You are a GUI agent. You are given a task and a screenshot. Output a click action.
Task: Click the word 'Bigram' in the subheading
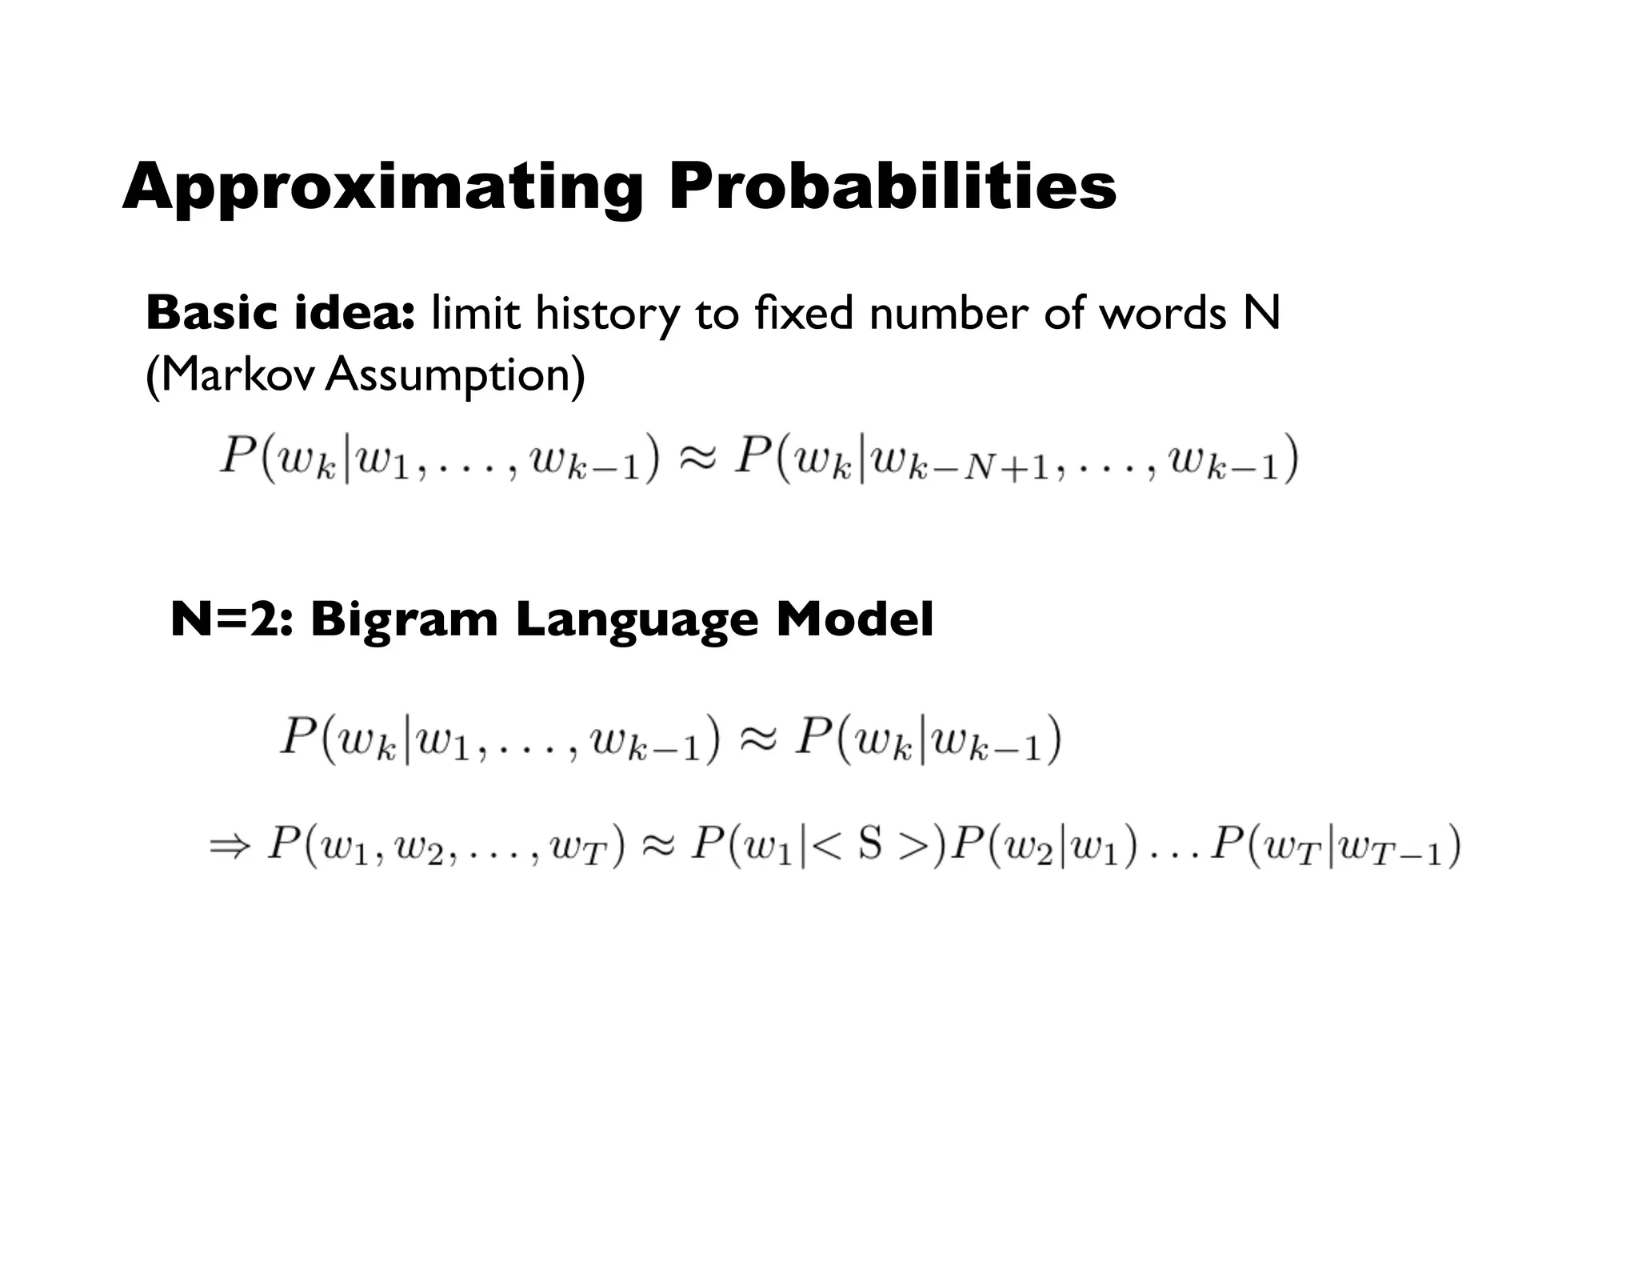(404, 620)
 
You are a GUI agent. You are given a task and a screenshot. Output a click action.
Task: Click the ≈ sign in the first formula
(696, 459)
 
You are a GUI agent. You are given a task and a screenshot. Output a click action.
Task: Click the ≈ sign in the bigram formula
(756, 737)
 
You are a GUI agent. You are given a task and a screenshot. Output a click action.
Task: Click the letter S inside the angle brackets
(870, 843)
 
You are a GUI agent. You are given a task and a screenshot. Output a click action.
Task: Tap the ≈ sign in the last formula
(657, 845)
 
